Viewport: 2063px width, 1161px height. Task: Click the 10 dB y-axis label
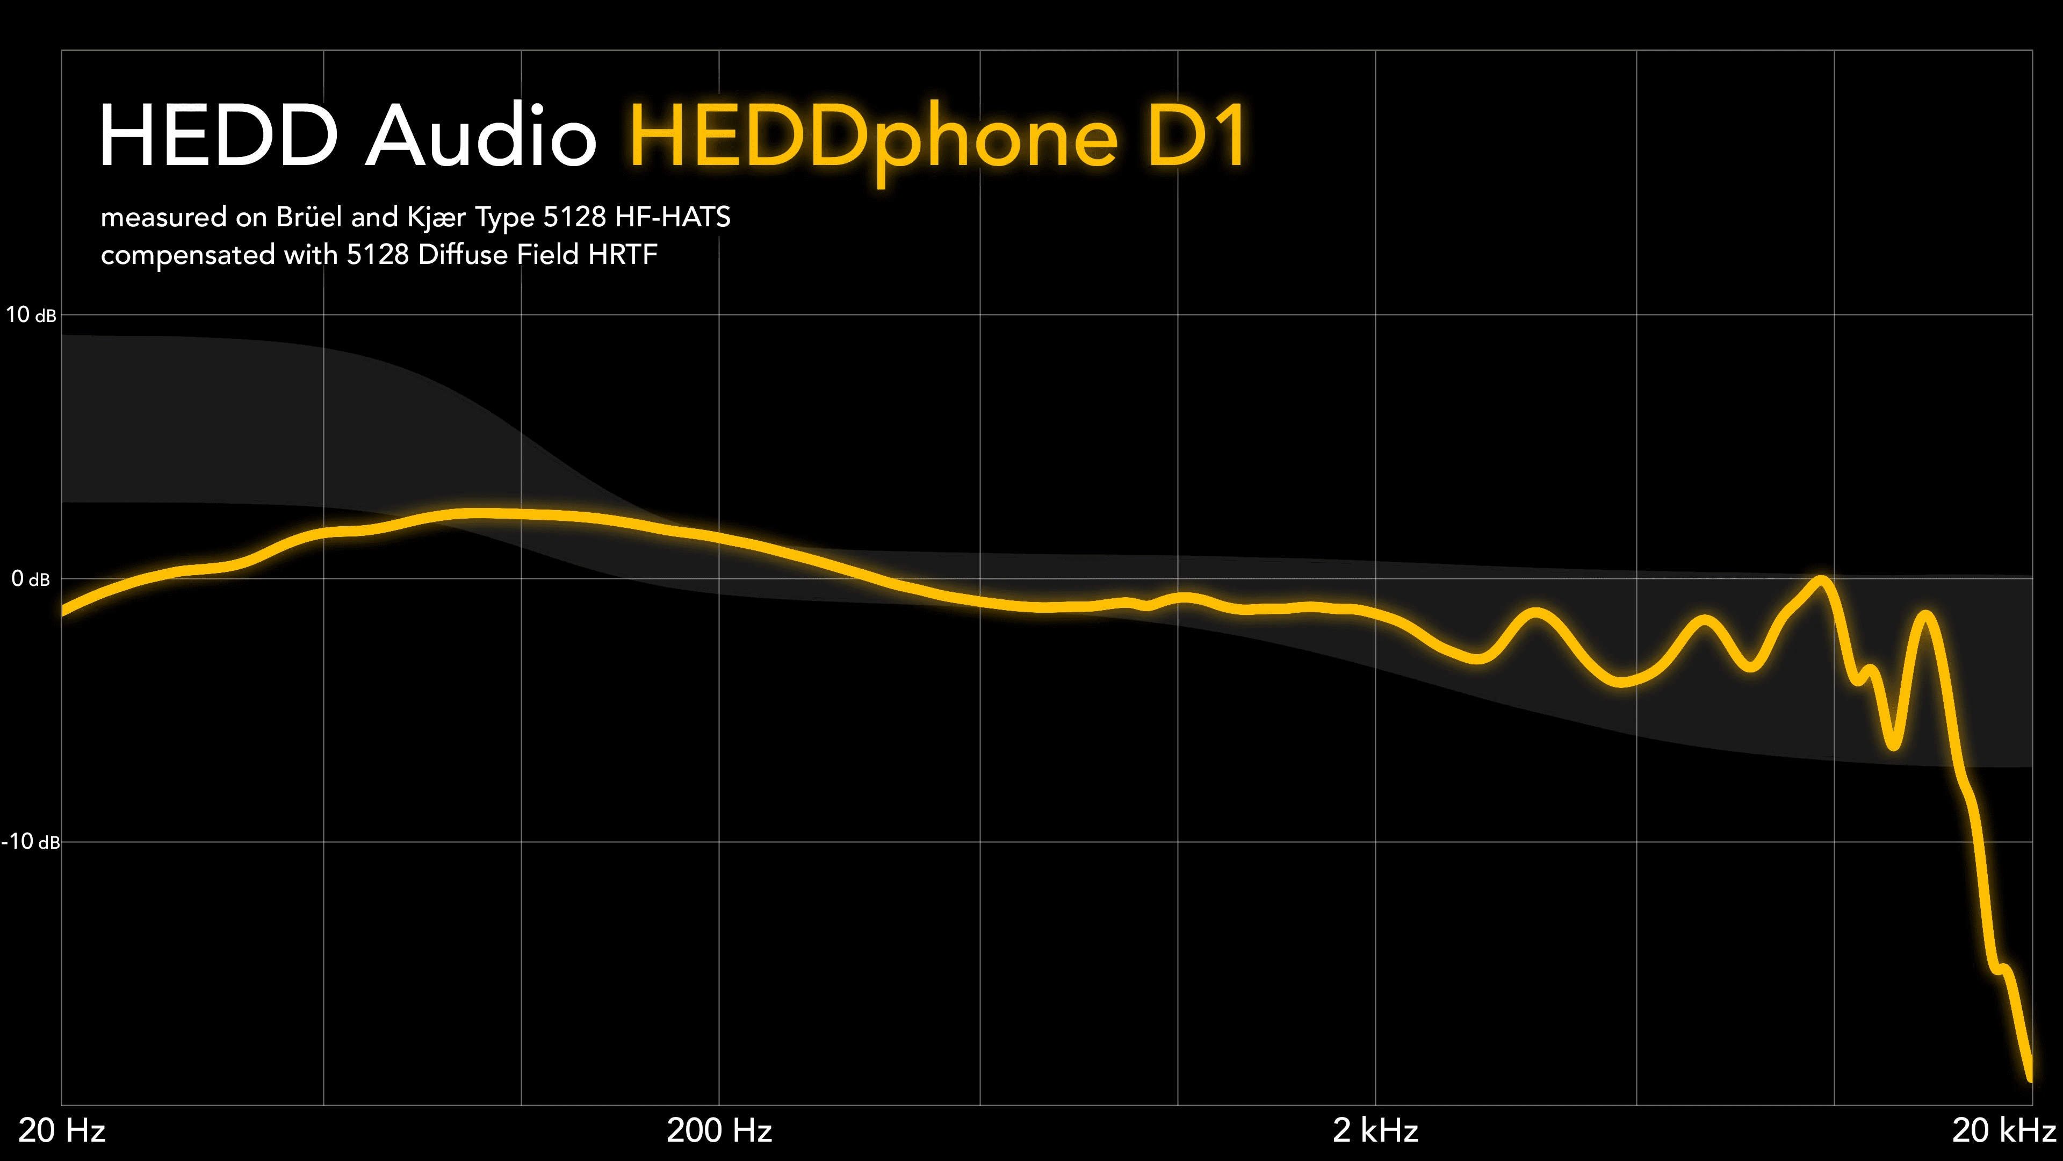pos(31,315)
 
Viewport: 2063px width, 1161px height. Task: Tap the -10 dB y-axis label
pos(31,841)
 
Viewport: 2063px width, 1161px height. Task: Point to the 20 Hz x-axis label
pos(62,1130)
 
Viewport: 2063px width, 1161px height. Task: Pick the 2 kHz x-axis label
pos(1375,1130)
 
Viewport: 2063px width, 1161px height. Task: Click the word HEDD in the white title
pos(218,135)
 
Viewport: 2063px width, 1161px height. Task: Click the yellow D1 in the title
pos(1196,135)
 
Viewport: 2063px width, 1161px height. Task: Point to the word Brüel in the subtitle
pos(309,217)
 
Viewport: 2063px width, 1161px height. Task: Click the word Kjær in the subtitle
pos(436,217)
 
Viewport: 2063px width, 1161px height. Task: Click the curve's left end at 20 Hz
pos(64,611)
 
